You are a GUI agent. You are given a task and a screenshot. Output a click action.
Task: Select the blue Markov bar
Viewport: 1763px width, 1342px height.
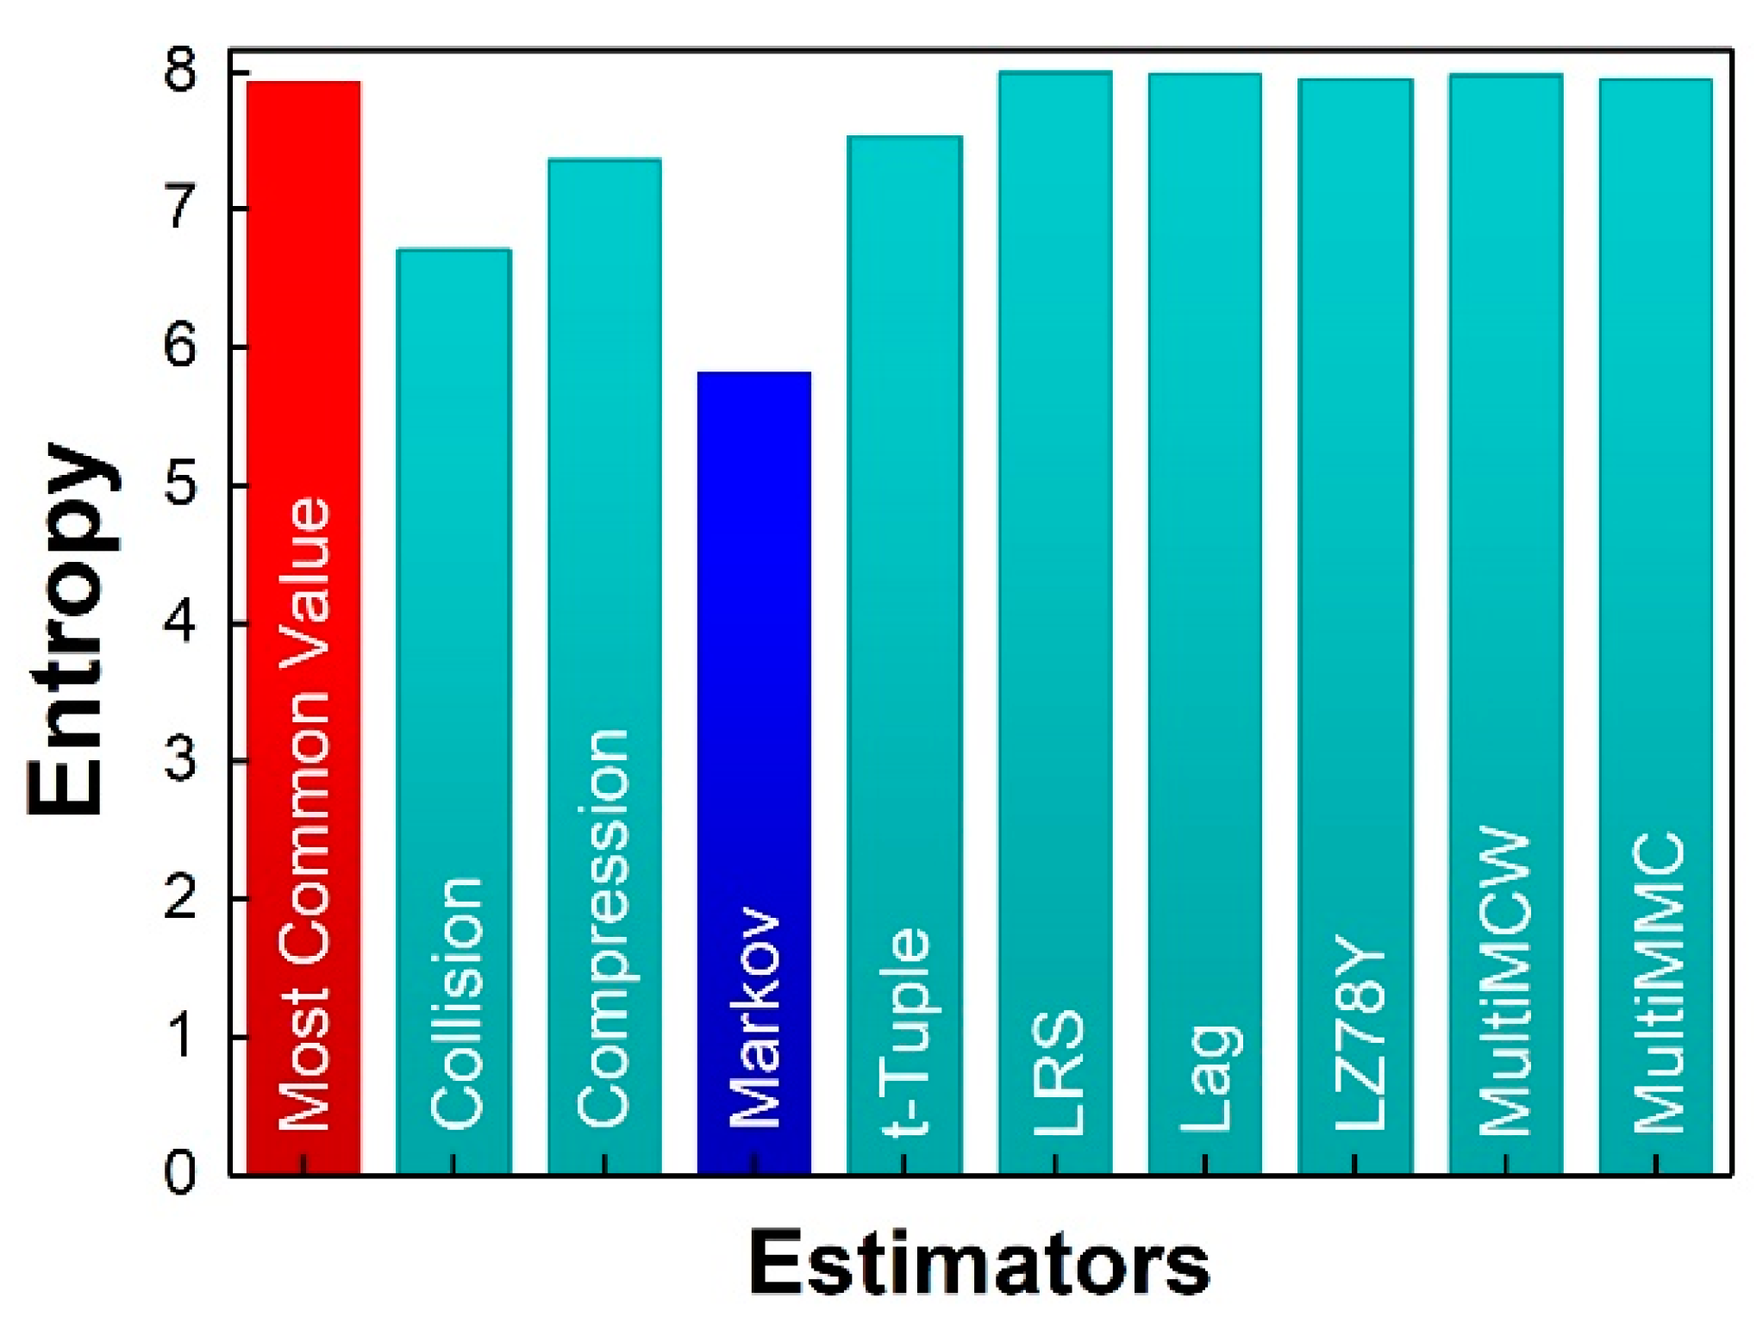[753, 603]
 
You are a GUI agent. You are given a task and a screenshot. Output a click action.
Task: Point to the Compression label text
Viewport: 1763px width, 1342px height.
[603, 927]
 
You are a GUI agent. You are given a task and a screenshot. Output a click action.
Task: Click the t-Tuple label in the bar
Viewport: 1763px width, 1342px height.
[906, 1031]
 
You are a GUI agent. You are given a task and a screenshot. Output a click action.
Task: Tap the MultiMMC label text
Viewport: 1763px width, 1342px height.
[1657, 983]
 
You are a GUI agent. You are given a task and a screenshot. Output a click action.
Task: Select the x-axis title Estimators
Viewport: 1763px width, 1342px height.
[978, 1263]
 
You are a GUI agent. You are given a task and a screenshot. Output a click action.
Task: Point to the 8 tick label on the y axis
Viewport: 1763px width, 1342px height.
[180, 71]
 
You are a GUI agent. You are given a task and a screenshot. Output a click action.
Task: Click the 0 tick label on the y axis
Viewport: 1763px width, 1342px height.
[180, 1173]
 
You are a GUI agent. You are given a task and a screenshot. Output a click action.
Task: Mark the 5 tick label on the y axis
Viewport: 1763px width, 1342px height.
[180, 484]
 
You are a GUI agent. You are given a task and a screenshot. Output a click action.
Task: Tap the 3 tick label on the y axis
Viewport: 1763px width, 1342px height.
[180, 760]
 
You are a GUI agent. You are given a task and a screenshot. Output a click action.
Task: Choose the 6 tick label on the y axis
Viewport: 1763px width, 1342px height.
[180, 346]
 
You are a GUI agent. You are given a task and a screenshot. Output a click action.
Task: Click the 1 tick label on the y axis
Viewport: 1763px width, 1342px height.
[180, 1036]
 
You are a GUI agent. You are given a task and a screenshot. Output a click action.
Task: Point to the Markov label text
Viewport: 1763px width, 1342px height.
[755, 1017]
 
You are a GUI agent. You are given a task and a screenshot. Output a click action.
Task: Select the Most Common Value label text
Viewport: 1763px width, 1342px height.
[303, 815]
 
